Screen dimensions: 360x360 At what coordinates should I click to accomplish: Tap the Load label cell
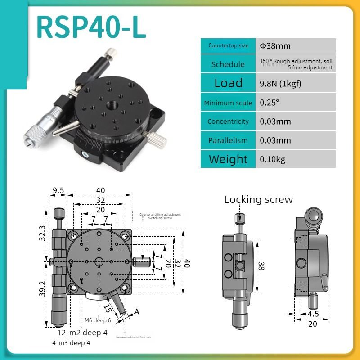228,83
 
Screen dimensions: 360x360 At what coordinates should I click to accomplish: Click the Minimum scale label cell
228,103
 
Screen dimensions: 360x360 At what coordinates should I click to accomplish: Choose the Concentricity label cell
228,121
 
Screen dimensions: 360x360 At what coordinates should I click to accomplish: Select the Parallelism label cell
228,140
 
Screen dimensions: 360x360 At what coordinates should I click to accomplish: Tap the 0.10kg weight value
273,159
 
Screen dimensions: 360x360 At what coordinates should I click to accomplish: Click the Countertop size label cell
228,45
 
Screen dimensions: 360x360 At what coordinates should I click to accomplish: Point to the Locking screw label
258,199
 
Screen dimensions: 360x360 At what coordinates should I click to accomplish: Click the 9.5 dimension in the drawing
58,190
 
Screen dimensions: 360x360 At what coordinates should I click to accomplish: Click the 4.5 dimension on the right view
314,314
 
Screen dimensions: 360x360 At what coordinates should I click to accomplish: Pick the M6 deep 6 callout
98,320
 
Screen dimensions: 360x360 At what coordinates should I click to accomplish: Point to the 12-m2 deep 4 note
82,333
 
